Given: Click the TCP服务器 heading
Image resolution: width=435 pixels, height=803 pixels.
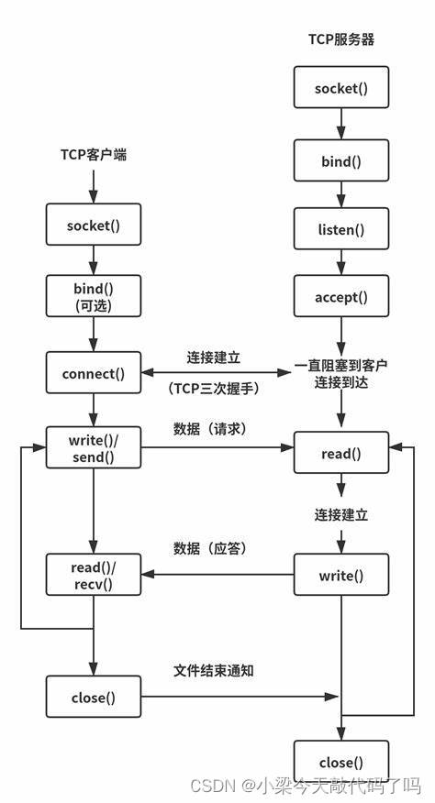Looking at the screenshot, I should (x=341, y=40).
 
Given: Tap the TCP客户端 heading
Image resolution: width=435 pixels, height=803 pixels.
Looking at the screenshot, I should (x=93, y=155).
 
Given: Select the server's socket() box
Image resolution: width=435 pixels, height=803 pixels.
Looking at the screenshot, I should (x=341, y=89).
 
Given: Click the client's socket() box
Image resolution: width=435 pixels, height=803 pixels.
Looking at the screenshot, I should (x=94, y=225).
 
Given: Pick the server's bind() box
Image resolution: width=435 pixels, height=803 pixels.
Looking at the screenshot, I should (x=341, y=161).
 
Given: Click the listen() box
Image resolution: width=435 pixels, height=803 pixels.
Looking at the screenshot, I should (x=341, y=229).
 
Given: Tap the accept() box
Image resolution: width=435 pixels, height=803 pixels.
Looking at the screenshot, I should (x=341, y=296).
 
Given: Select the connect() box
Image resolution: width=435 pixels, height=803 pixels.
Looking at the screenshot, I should (x=94, y=373).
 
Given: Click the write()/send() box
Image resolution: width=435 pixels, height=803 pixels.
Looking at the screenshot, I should (x=94, y=448).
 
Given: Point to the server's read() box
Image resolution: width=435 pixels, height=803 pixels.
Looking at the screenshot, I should (x=341, y=453).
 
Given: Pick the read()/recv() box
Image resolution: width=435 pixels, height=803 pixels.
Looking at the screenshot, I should (x=94, y=575).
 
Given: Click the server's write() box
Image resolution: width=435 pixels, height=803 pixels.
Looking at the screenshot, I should (x=341, y=575).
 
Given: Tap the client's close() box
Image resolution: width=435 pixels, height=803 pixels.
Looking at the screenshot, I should (x=94, y=697).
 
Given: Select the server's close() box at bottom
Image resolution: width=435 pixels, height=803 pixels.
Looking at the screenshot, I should (x=341, y=762).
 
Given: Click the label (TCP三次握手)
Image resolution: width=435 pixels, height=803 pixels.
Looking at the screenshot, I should (x=215, y=389).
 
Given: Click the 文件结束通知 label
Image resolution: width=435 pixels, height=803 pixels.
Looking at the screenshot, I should (x=214, y=670).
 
